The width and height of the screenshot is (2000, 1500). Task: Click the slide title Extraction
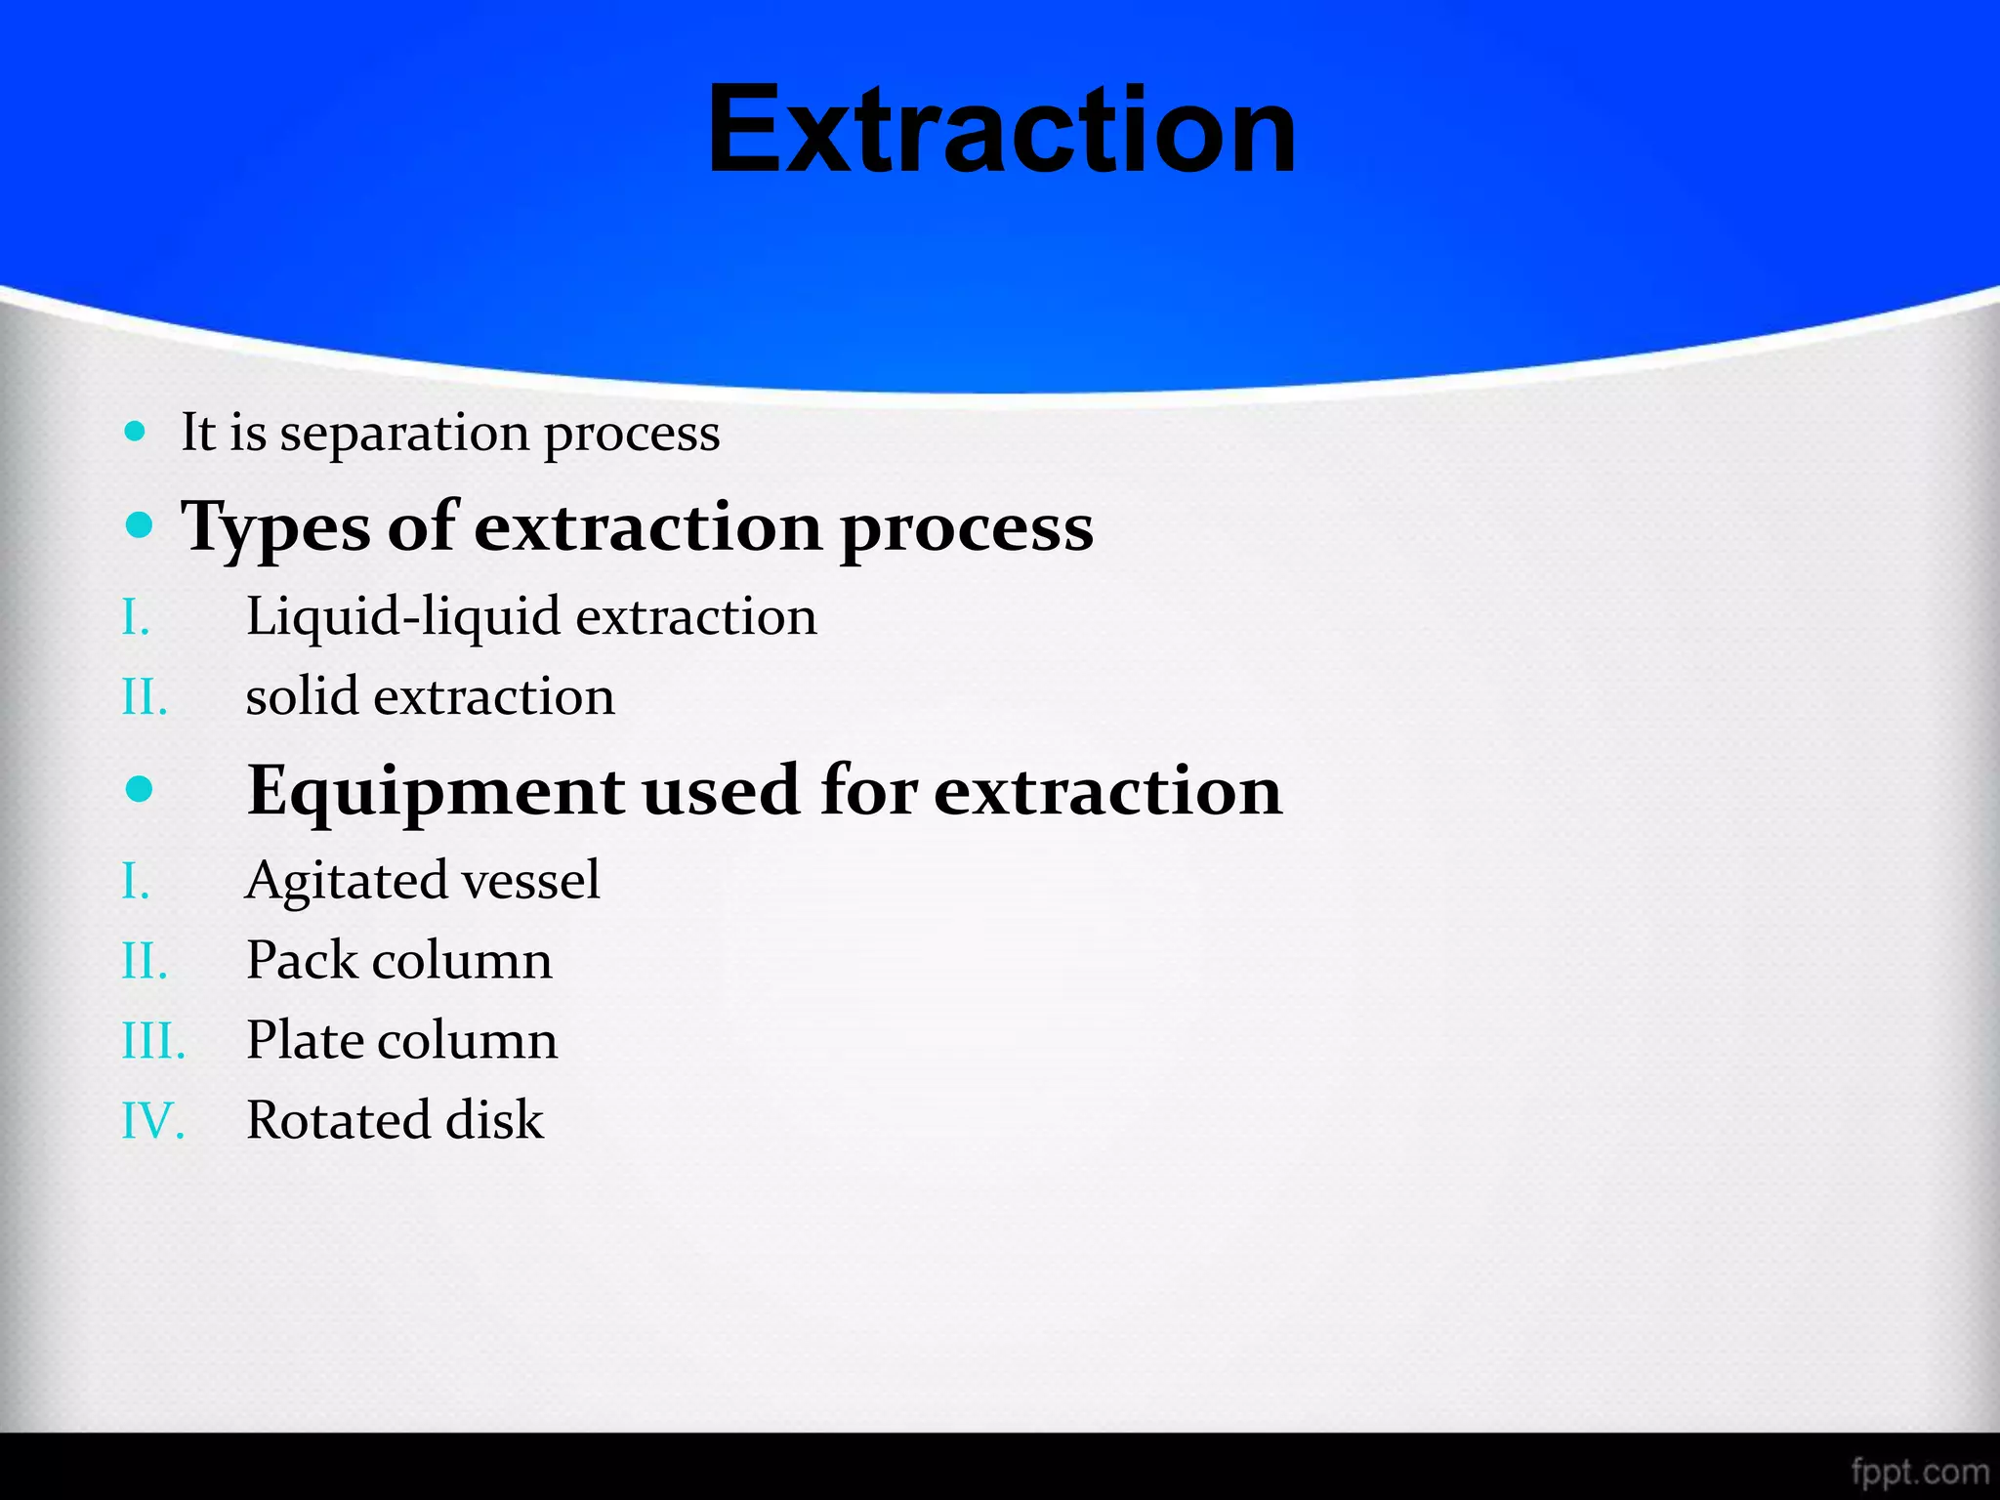tap(1001, 130)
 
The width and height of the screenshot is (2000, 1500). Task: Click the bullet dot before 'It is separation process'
tap(136, 431)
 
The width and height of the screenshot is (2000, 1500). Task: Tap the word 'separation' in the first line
tap(403, 434)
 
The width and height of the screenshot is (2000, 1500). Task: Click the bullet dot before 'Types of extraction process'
tap(140, 525)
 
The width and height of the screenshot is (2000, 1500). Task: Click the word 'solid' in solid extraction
tap(301, 696)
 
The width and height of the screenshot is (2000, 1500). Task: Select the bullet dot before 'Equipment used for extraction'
tap(140, 788)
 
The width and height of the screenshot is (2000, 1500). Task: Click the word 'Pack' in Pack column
tap(302, 960)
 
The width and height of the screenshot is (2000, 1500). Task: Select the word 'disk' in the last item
tap(494, 1120)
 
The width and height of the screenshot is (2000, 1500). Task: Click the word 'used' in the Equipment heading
tap(722, 791)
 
